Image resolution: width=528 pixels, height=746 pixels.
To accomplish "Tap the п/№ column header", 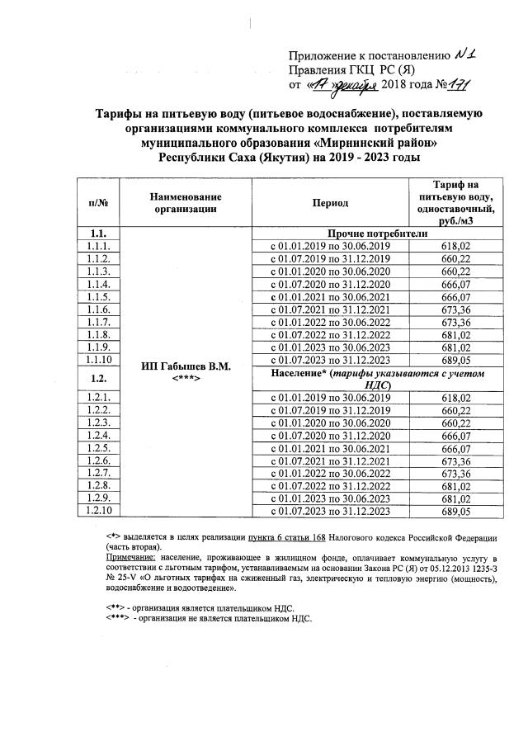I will pos(98,202).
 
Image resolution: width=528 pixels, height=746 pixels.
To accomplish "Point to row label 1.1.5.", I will pos(98,297).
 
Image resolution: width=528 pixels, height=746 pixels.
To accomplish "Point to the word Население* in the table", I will pos(302,374).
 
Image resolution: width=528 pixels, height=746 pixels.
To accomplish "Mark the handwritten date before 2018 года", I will pos(342,84).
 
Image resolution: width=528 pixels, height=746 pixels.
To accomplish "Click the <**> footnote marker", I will pos(115,607).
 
